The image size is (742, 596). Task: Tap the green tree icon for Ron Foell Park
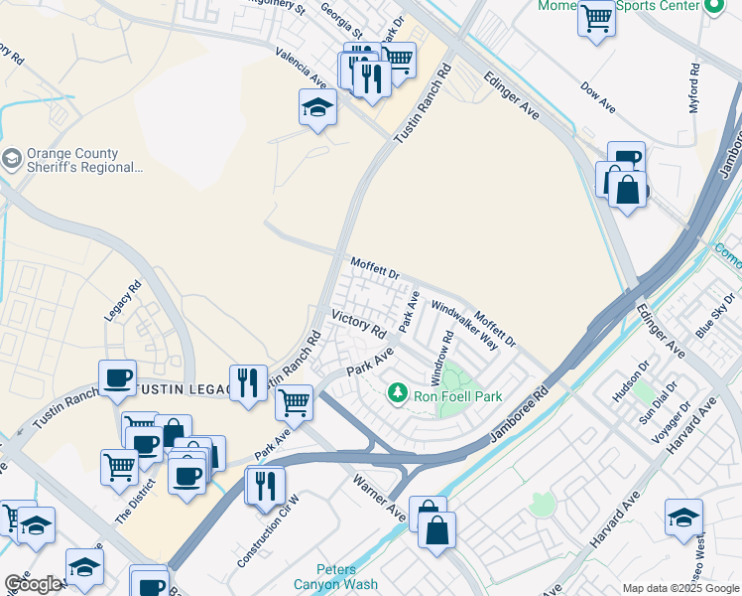point(398,394)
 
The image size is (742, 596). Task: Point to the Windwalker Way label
point(464,327)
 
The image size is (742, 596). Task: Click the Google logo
point(33,584)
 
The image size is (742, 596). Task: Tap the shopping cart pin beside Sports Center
point(596,18)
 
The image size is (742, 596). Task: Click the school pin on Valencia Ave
point(317,107)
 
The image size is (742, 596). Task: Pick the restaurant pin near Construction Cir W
point(266,486)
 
